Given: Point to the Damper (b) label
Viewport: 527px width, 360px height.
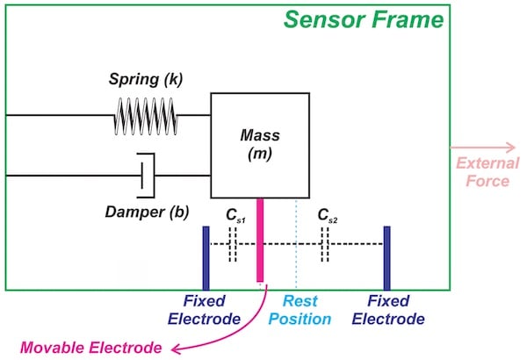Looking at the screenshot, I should click(145, 212).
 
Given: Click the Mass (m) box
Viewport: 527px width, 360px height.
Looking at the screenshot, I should click(258, 145).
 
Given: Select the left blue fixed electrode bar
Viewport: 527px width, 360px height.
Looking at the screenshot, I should click(206, 257).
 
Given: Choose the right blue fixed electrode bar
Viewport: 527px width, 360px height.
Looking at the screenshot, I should click(386, 257).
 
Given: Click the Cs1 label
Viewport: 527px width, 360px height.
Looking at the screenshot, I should click(233, 214).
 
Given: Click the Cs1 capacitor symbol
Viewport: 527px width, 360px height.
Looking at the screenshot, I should click(233, 245).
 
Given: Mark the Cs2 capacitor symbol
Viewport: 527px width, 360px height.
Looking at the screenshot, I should click(325, 245).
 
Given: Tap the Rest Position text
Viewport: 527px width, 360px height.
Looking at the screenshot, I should click(299, 310).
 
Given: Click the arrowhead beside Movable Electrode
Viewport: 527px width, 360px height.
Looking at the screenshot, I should click(174, 348).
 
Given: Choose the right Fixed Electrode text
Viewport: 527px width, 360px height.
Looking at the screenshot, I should click(388, 310).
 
